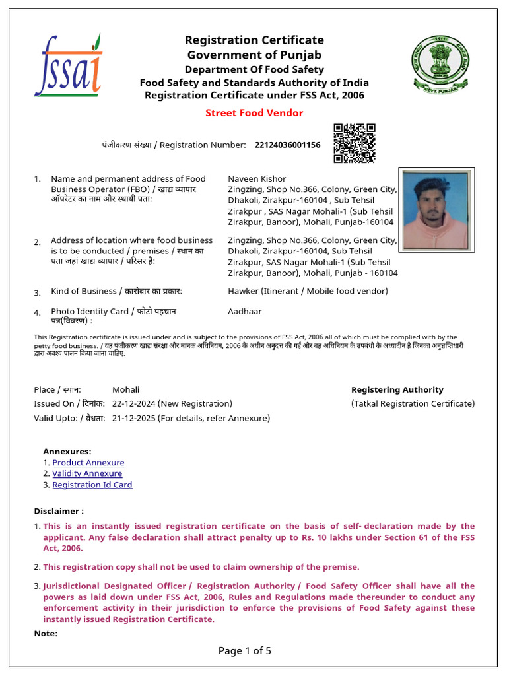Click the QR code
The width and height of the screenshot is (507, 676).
[354, 143]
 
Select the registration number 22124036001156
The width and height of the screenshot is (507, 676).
[287, 145]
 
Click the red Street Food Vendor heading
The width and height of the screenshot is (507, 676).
[254, 113]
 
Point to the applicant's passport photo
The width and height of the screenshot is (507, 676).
[435, 210]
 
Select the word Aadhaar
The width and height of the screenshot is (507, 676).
[245, 311]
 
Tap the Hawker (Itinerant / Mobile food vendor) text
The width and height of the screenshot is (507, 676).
[308, 291]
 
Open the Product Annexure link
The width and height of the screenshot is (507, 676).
[88, 463]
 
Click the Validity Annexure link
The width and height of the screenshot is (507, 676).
[87, 473]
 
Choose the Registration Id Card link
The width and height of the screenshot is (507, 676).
[92, 485]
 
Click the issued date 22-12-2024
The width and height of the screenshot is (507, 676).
[135, 403]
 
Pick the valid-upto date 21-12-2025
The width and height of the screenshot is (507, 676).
[135, 418]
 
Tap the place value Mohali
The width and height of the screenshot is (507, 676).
[126, 389]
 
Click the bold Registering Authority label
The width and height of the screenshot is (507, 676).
[397, 389]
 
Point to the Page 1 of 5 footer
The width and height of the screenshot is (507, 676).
[245, 651]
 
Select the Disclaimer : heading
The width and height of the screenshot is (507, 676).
[59, 511]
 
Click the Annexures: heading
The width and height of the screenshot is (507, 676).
[67, 452]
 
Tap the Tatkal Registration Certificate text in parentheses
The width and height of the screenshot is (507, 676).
[413, 403]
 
